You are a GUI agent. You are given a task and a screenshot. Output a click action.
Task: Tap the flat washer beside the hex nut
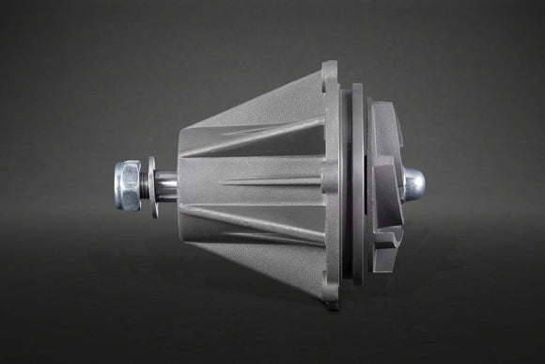pos(153,185)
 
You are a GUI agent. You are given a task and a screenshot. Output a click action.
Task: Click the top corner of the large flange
pos(330,66)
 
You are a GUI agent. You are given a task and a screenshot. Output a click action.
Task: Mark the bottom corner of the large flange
pos(331,303)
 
